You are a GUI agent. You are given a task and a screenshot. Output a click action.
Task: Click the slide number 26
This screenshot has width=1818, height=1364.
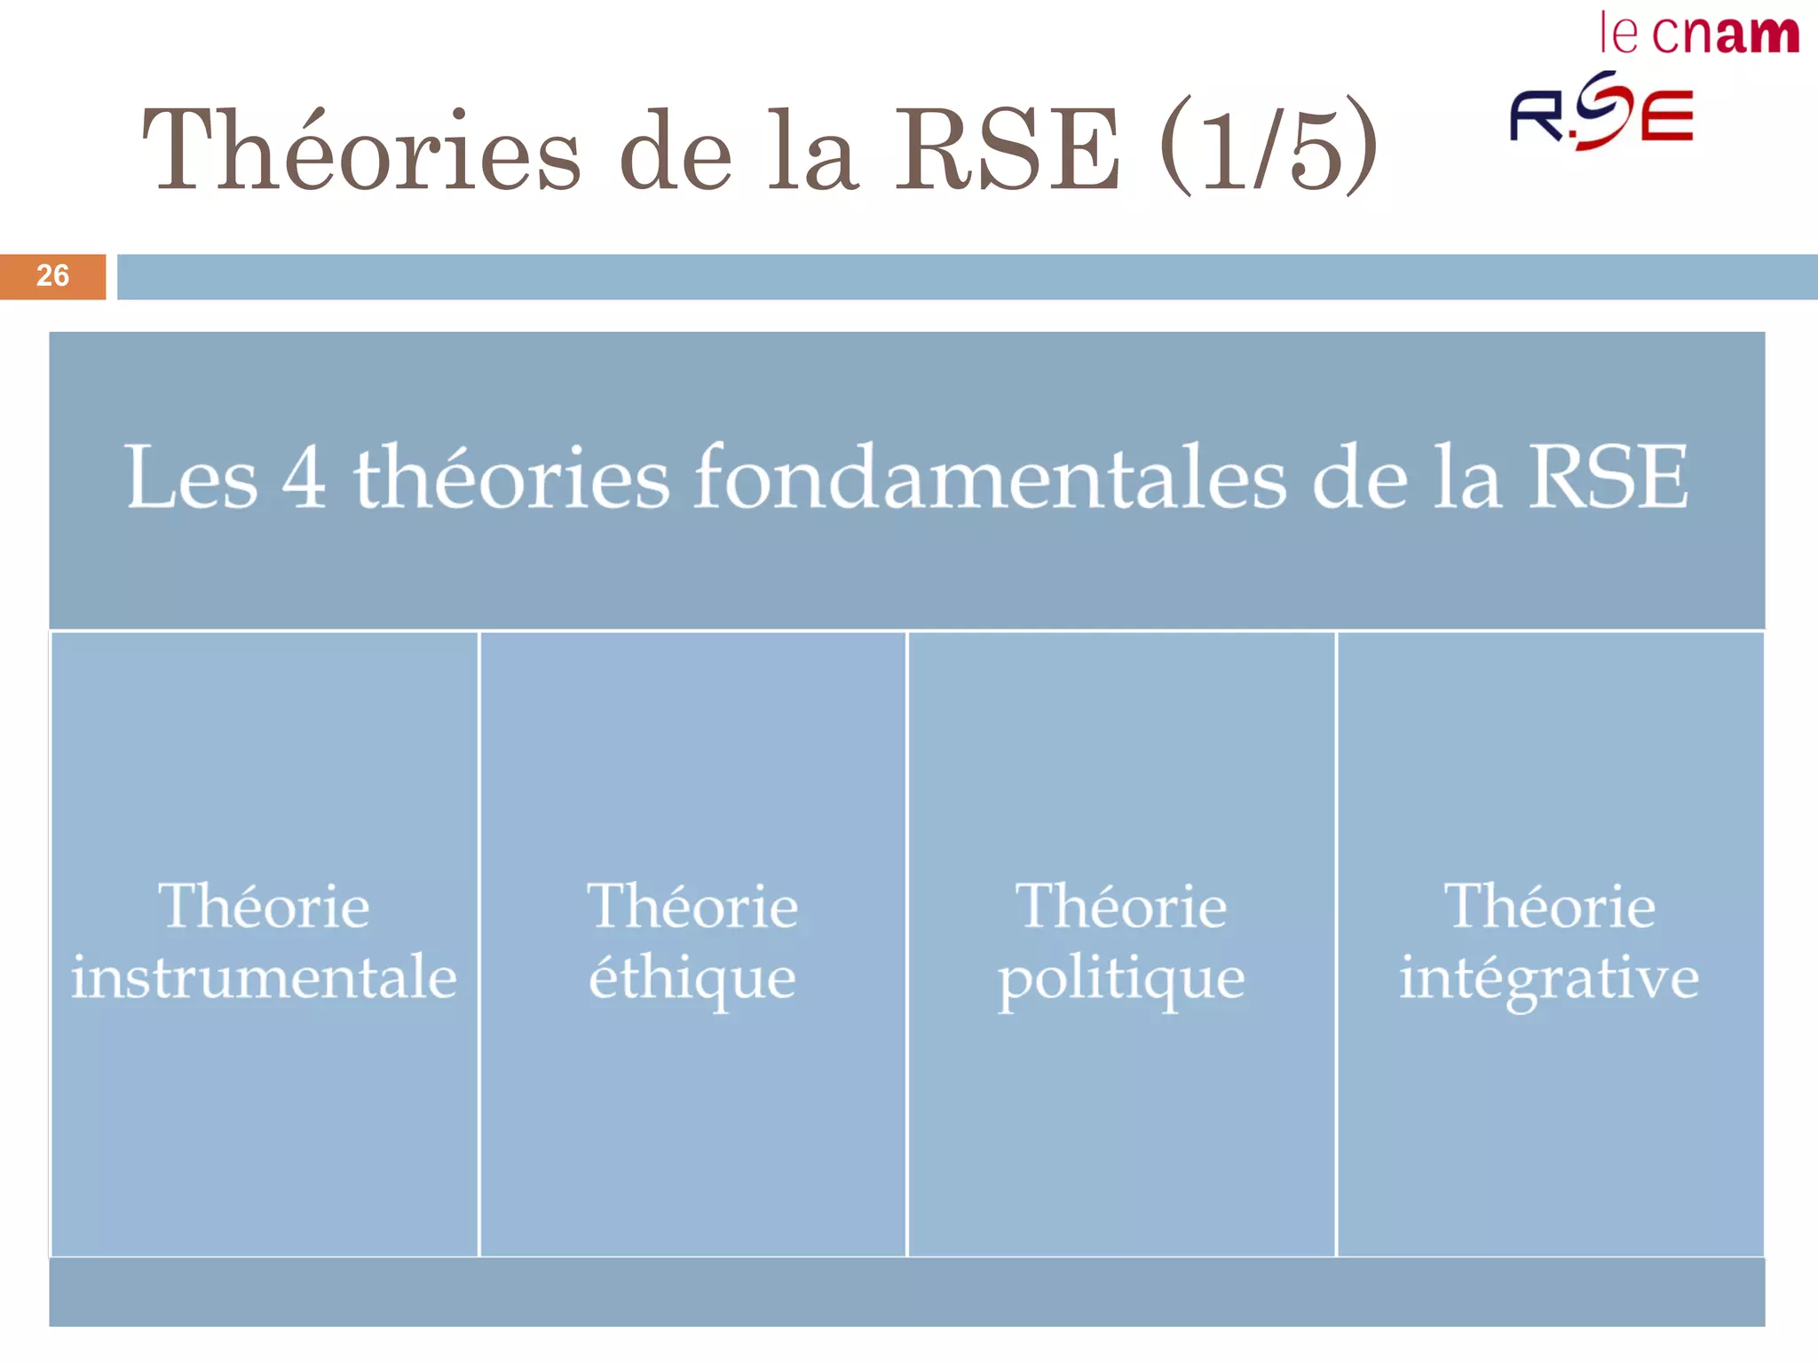coord(52,275)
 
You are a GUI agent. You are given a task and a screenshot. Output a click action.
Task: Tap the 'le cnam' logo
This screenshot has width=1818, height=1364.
coord(1699,35)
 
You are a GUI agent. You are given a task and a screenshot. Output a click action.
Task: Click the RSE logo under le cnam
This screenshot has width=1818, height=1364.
coord(1602,113)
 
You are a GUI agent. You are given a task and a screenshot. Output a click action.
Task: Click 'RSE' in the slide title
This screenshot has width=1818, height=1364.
coord(1008,149)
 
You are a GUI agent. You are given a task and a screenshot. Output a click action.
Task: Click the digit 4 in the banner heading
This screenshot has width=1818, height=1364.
coord(304,478)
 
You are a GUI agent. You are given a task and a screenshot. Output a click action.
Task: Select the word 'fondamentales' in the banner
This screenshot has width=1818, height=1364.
coord(989,478)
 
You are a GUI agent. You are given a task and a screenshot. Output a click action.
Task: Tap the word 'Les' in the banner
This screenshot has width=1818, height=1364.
coord(191,478)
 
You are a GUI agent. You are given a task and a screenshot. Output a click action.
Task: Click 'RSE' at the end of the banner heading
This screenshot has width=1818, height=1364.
coord(1608,478)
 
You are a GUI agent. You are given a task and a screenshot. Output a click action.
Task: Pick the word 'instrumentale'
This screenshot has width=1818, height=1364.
coord(264,977)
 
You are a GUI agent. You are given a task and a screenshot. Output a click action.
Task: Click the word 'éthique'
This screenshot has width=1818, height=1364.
coord(692,979)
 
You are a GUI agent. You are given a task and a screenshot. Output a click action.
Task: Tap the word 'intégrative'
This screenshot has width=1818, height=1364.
coord(1549,979)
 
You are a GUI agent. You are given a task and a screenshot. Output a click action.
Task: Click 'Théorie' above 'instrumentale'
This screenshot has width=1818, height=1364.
coord(264,907)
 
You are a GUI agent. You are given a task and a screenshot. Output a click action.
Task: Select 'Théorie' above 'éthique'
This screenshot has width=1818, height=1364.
coord(692,907)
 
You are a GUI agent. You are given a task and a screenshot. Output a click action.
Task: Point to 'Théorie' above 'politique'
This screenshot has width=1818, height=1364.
coord(1121,907)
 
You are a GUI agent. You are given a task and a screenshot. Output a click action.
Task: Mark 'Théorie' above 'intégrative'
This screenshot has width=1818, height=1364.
coord(1550,907)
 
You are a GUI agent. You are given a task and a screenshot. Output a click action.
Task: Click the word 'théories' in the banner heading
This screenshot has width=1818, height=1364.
coord(511,478)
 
